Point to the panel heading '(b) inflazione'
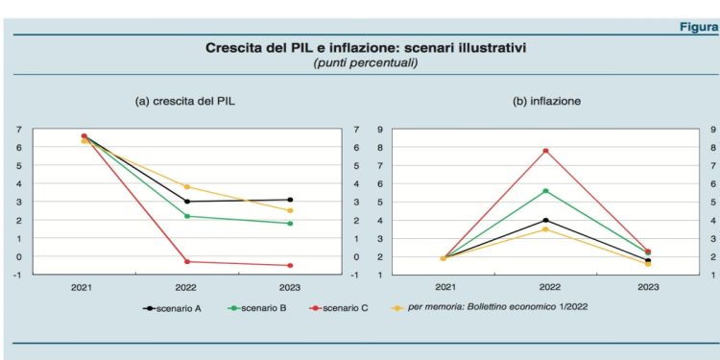click(546, 100)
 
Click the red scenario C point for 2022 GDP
click(187, 261)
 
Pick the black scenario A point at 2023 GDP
click(291, 200)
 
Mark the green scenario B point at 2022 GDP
click(187, 216)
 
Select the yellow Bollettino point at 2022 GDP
click(187, 186)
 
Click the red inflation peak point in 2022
click(545, 151)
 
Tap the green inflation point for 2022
click(545, 191)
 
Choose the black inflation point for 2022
click(545, 220)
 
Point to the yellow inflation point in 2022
click(545, 228)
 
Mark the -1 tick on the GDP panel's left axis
click(19, 275)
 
